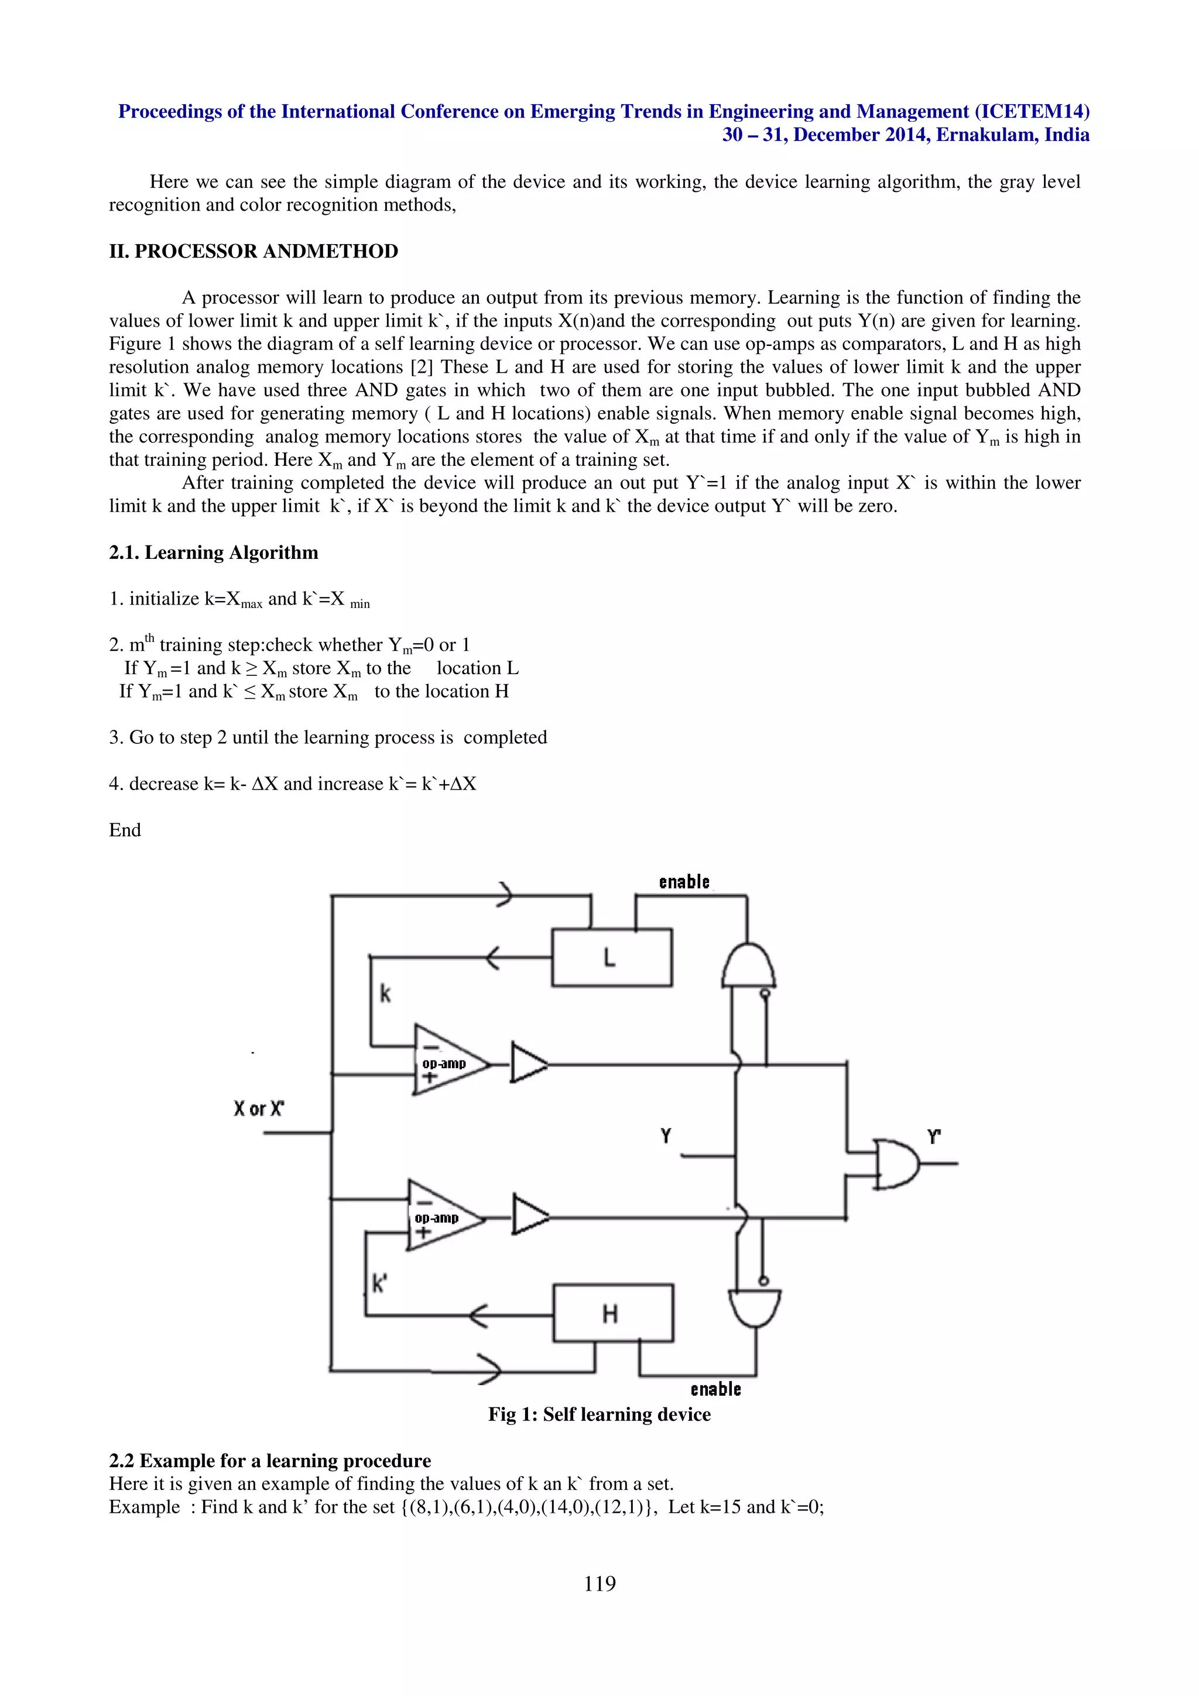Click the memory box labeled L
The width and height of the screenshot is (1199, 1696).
612,957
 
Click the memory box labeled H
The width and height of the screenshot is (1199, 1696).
613,1313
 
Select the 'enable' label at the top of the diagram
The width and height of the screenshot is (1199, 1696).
684,882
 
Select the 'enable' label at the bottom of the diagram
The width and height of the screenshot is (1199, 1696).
715,1389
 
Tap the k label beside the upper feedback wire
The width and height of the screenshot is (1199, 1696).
385,994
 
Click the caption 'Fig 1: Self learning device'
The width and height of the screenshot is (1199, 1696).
599,1414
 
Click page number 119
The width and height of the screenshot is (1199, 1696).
599,1583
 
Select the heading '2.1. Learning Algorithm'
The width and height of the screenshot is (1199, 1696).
214,552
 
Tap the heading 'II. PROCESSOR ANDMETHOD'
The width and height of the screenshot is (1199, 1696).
253,251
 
